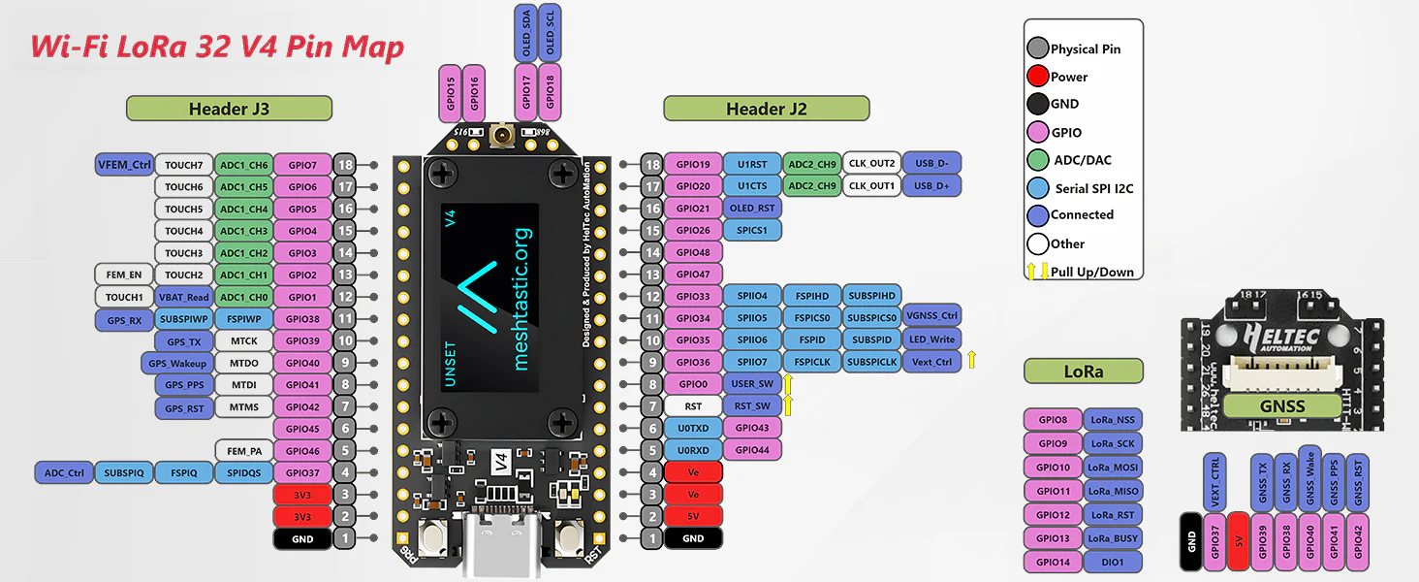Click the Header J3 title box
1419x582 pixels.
tap(229, 109)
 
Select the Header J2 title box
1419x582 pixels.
tap(766, 109)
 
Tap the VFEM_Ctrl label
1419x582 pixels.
tap(124, 164)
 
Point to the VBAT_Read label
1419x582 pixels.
tap(183, 297)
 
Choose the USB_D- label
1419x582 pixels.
tap(931, 164)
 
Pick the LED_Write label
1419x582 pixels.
tap(931, 339)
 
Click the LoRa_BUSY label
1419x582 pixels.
tap(1113, 538)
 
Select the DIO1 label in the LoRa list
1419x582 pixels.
tap(1113, 562)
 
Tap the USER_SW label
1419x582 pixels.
tap(751, 384)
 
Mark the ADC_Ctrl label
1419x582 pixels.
tap(65, 473)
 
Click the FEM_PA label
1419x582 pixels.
tap(243, 451)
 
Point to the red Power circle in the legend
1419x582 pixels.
tap(1038, 77)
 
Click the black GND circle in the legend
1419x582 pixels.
tap(1038, 104)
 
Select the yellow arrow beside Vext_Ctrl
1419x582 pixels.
tap(971, 361)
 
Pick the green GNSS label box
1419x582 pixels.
tap(1282, 406)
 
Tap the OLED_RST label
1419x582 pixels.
tap(751, 209)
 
